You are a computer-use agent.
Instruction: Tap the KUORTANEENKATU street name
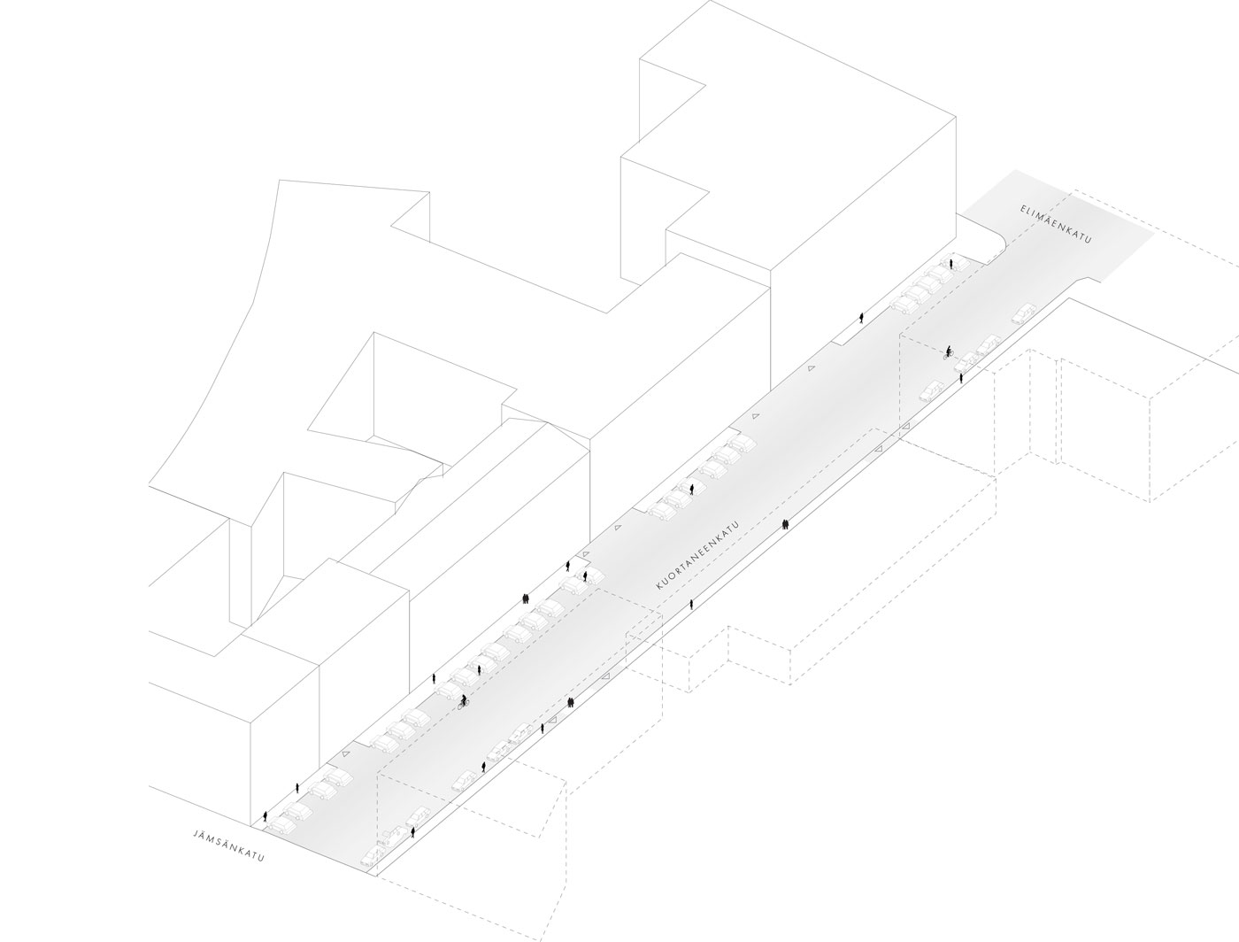[697, 555]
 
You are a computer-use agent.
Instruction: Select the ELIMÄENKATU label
[1056, 224]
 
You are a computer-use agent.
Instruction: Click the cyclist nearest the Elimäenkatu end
[949, 352]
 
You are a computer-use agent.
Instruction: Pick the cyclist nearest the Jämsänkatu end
[464, 701]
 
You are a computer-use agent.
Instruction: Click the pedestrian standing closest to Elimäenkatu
[951, 264]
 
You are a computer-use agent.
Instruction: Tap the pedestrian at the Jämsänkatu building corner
[265, 816]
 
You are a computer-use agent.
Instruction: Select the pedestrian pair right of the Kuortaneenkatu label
[785, 524]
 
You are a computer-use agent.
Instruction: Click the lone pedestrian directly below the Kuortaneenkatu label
[691, 605]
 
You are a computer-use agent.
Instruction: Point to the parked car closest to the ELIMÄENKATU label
[1024, 313]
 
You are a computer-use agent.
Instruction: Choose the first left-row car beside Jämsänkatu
[281, 825]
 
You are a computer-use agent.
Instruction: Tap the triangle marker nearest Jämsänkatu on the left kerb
[345, 754]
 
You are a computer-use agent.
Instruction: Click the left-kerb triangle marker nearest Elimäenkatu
[812, 368]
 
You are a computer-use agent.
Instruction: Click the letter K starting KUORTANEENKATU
[658, 586]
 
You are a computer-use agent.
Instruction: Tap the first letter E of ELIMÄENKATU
[1023, 208]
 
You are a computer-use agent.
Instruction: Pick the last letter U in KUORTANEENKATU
[736, 524]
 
